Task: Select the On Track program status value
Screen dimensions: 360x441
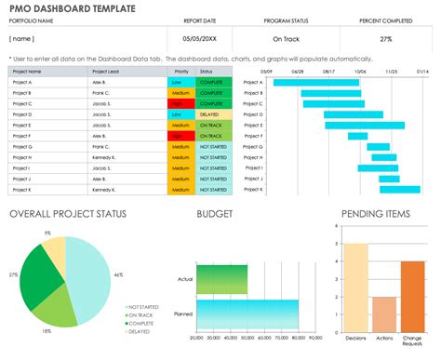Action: [x=286, y=40]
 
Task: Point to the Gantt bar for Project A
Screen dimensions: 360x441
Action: [x=297, y=82]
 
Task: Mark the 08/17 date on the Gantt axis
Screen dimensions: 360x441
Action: [x=328, y=71]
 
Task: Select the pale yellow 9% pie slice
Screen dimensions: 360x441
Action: [x=57, y=249]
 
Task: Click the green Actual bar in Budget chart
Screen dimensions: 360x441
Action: [x=221, y=278]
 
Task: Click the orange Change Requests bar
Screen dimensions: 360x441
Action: [x=412, y=296]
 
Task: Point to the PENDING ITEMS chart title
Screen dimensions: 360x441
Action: [x=375, y=215]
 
